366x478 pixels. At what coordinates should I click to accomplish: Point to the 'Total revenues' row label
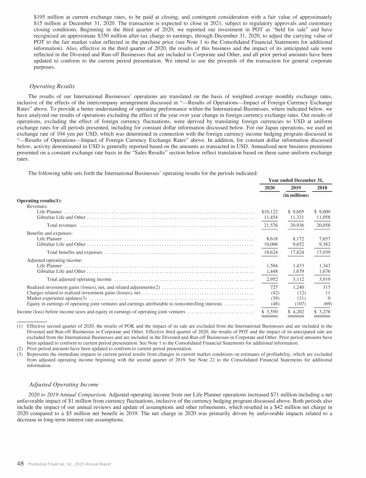(61, 225)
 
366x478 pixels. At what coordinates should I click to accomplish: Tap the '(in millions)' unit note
(296, 195)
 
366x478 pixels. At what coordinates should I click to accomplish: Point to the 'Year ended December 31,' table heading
(296, 179)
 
